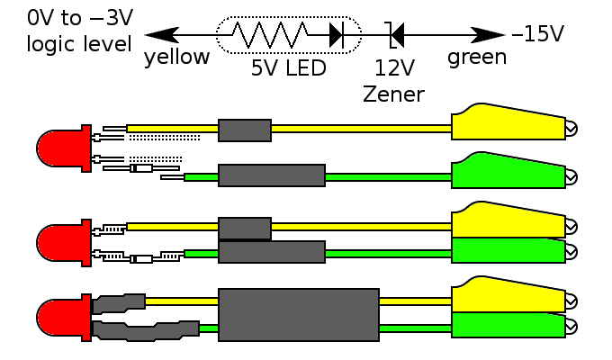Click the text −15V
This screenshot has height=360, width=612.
click(538, 34)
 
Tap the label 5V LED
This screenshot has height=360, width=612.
click(288, 68)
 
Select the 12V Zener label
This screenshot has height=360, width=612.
click(393, 81)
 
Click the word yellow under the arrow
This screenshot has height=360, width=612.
click(176, 58)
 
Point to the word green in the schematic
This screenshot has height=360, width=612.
click(477, 58)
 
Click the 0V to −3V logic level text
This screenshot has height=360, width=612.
click(79, 31)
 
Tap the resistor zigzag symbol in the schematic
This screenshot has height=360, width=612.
click(269, 35)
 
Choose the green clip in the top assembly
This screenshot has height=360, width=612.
click(508, 173)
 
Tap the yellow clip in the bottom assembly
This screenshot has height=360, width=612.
click(508, 296)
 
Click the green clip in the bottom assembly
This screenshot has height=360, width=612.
click(508, 325)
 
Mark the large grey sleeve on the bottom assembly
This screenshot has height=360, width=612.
click(298, 315)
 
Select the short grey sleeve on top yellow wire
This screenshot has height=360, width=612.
click(245, 130)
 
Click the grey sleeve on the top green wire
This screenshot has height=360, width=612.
click(272, 175)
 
